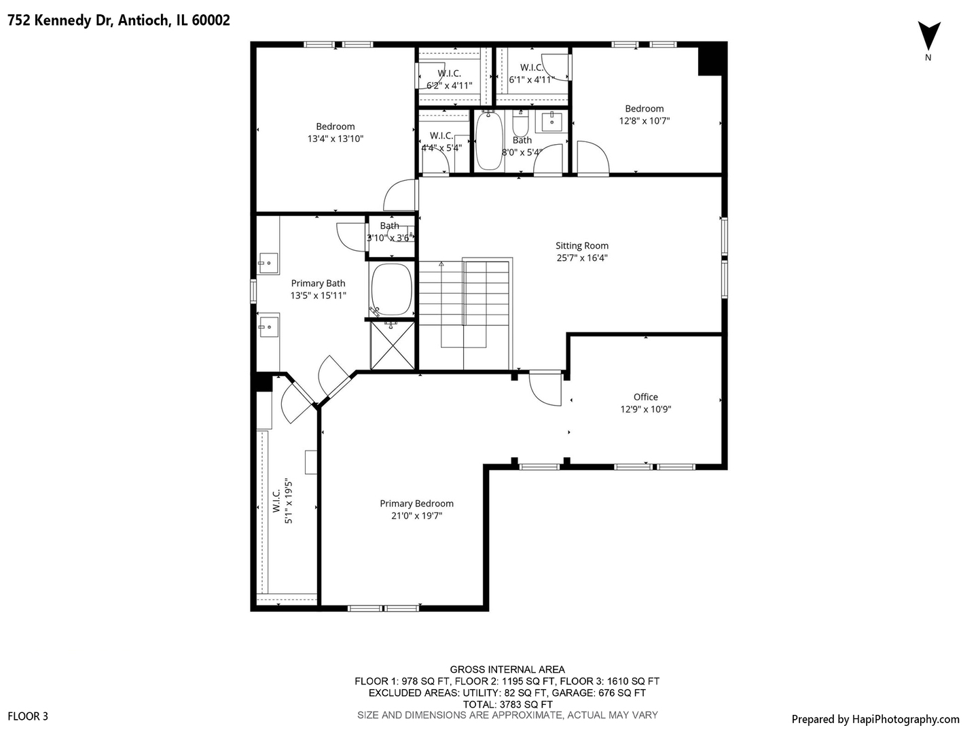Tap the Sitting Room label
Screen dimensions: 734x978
tap(582, 246)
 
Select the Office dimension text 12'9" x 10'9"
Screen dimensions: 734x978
tap(645, 409)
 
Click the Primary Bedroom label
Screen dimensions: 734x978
tap(416, 504)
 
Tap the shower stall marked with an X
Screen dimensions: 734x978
tap(393, 345)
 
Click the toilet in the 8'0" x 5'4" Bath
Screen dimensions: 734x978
tap(521, 126)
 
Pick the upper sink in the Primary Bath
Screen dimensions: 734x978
tap(268, 262)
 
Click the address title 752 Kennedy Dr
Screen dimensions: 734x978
tap(119, 20)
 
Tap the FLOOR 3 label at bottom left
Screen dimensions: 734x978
tap(28, 716)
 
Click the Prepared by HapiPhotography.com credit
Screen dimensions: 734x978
tap(875, 719)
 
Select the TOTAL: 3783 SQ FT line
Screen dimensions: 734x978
tap(507, 704)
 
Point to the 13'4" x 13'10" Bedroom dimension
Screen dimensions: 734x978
tap(336, 139)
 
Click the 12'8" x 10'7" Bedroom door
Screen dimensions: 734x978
tap(592, 158)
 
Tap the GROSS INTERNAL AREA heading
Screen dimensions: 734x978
tap(507, 669)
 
